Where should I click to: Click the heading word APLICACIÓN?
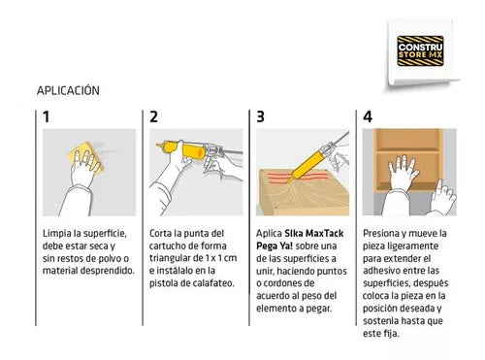[x=68, y=90]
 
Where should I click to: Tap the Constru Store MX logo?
[x=420, y=50]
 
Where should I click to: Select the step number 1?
[x=47, y=117]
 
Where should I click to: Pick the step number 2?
[x=153, y=117]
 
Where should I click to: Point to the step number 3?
[x=260, y=117]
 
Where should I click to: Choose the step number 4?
[x=368, y=117]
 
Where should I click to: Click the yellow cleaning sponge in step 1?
[x=85, y=157]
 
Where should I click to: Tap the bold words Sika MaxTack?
[x=313, y=233]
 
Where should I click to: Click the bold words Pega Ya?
[x=275, y=245]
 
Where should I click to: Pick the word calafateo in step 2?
[x=212, y=283]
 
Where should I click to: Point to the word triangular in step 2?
[x=170, y=258]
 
